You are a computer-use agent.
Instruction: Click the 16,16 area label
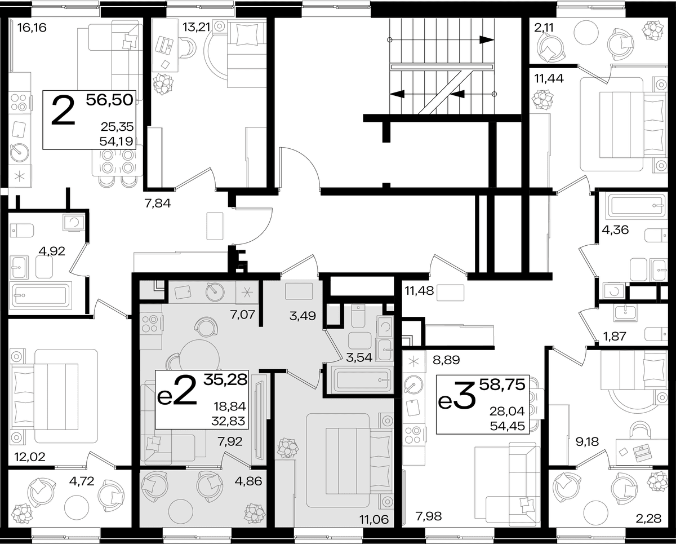32,28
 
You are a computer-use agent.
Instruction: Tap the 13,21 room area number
197,27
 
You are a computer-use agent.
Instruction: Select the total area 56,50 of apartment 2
110,100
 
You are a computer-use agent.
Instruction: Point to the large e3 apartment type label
456,397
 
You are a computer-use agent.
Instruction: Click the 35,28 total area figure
225,379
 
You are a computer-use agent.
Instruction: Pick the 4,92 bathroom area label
52,251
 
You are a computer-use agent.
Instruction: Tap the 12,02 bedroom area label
30,457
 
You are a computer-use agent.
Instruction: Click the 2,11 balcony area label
544,28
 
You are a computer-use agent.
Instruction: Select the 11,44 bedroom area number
549,78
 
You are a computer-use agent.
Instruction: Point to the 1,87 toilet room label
615,337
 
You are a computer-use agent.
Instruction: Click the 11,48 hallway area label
419,291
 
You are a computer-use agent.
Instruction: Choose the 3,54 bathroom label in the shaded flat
359,357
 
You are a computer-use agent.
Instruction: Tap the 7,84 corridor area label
158,204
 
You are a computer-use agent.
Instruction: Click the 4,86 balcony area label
248,481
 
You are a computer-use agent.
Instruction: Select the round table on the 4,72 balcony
77,507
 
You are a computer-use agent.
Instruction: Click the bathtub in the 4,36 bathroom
637,205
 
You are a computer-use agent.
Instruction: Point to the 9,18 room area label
587,442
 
